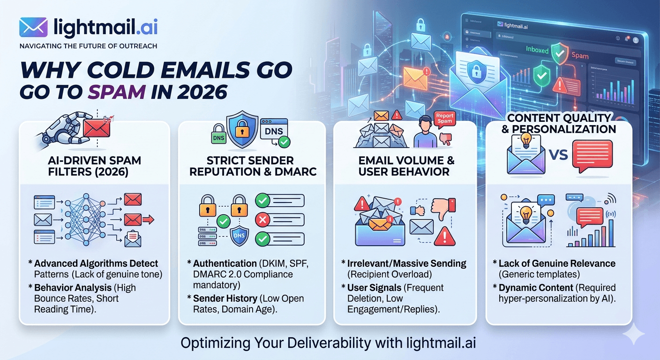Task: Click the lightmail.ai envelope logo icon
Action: [x=33, y=28]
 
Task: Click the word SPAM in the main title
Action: [x=117, y=90]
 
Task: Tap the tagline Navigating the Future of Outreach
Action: [x=88, y=46]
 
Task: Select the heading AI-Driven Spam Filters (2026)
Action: [x=94, y=166]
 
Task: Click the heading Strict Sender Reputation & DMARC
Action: [x=253, y=166]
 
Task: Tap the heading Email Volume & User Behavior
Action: [x=406, y=166]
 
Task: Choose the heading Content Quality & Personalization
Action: [x=559, y=123]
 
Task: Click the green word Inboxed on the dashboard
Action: [x=537, y=49]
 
